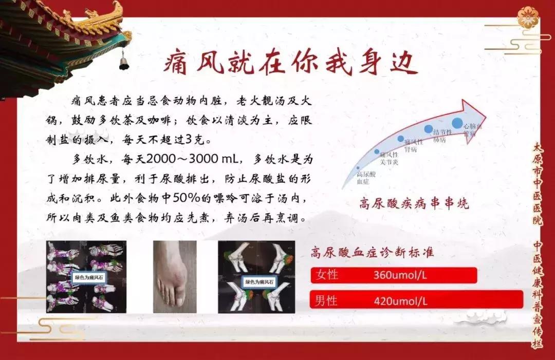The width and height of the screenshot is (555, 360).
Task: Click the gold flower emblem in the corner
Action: [528, 17]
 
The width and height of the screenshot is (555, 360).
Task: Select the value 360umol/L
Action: [401, 275]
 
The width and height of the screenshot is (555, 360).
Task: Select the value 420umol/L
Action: [401, 300]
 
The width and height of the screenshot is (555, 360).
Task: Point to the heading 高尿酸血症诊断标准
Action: [372, 252]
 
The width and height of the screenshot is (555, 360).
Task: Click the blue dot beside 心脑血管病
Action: [457, 123]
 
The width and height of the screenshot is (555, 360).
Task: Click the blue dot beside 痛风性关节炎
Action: [377, 152]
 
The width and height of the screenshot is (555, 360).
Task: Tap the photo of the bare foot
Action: [174, 276]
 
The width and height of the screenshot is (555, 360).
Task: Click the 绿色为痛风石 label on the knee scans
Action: [260, 282]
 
